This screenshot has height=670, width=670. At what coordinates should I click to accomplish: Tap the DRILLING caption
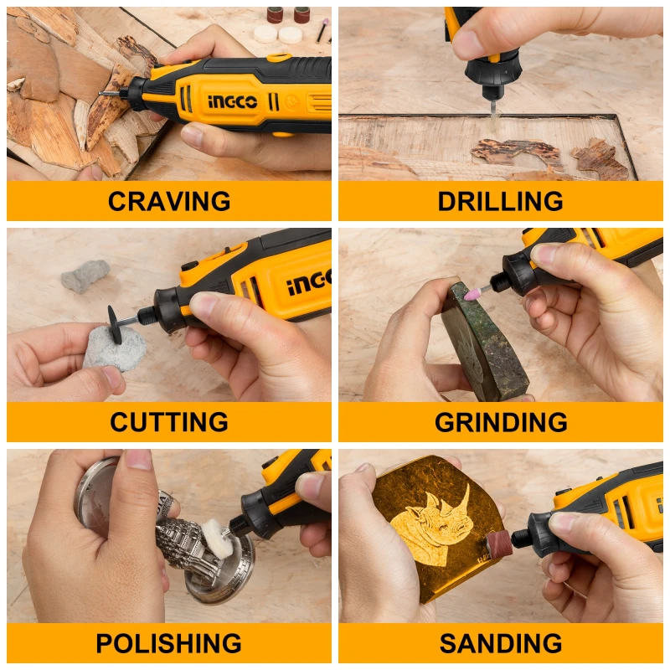(x=500, y=202)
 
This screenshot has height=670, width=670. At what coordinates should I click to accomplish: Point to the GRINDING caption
(x=501, y=422)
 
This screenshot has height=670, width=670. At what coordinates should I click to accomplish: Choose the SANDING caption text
(x=500, y=643)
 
